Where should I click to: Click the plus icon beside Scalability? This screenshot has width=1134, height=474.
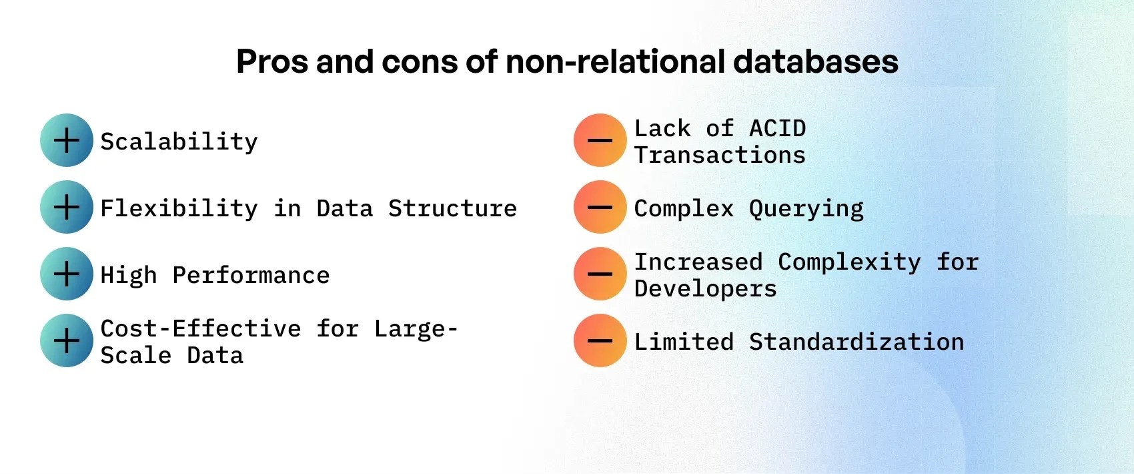67,140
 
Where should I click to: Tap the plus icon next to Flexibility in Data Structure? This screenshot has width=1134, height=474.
67,207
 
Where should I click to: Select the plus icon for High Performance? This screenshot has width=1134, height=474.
67,274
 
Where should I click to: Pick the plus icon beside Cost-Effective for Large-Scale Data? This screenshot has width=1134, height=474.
67,340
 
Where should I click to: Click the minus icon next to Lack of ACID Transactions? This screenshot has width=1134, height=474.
600,140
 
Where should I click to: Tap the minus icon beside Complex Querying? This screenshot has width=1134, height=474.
600,207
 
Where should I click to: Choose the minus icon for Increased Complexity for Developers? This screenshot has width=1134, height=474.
600,274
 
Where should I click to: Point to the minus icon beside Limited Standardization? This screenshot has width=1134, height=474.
600,340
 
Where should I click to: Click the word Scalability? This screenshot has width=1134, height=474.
179,142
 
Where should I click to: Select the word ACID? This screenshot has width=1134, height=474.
777,128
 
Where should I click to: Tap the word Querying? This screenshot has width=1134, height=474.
806,209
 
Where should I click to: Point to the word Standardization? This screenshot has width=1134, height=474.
857,342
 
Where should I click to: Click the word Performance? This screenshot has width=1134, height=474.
251,275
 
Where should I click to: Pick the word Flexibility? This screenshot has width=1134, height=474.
179,208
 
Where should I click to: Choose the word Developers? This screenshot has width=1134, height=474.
705,289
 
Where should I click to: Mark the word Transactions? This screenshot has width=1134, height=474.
720,155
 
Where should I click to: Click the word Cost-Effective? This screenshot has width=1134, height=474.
201,328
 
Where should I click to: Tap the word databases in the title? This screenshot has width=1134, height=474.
815,61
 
